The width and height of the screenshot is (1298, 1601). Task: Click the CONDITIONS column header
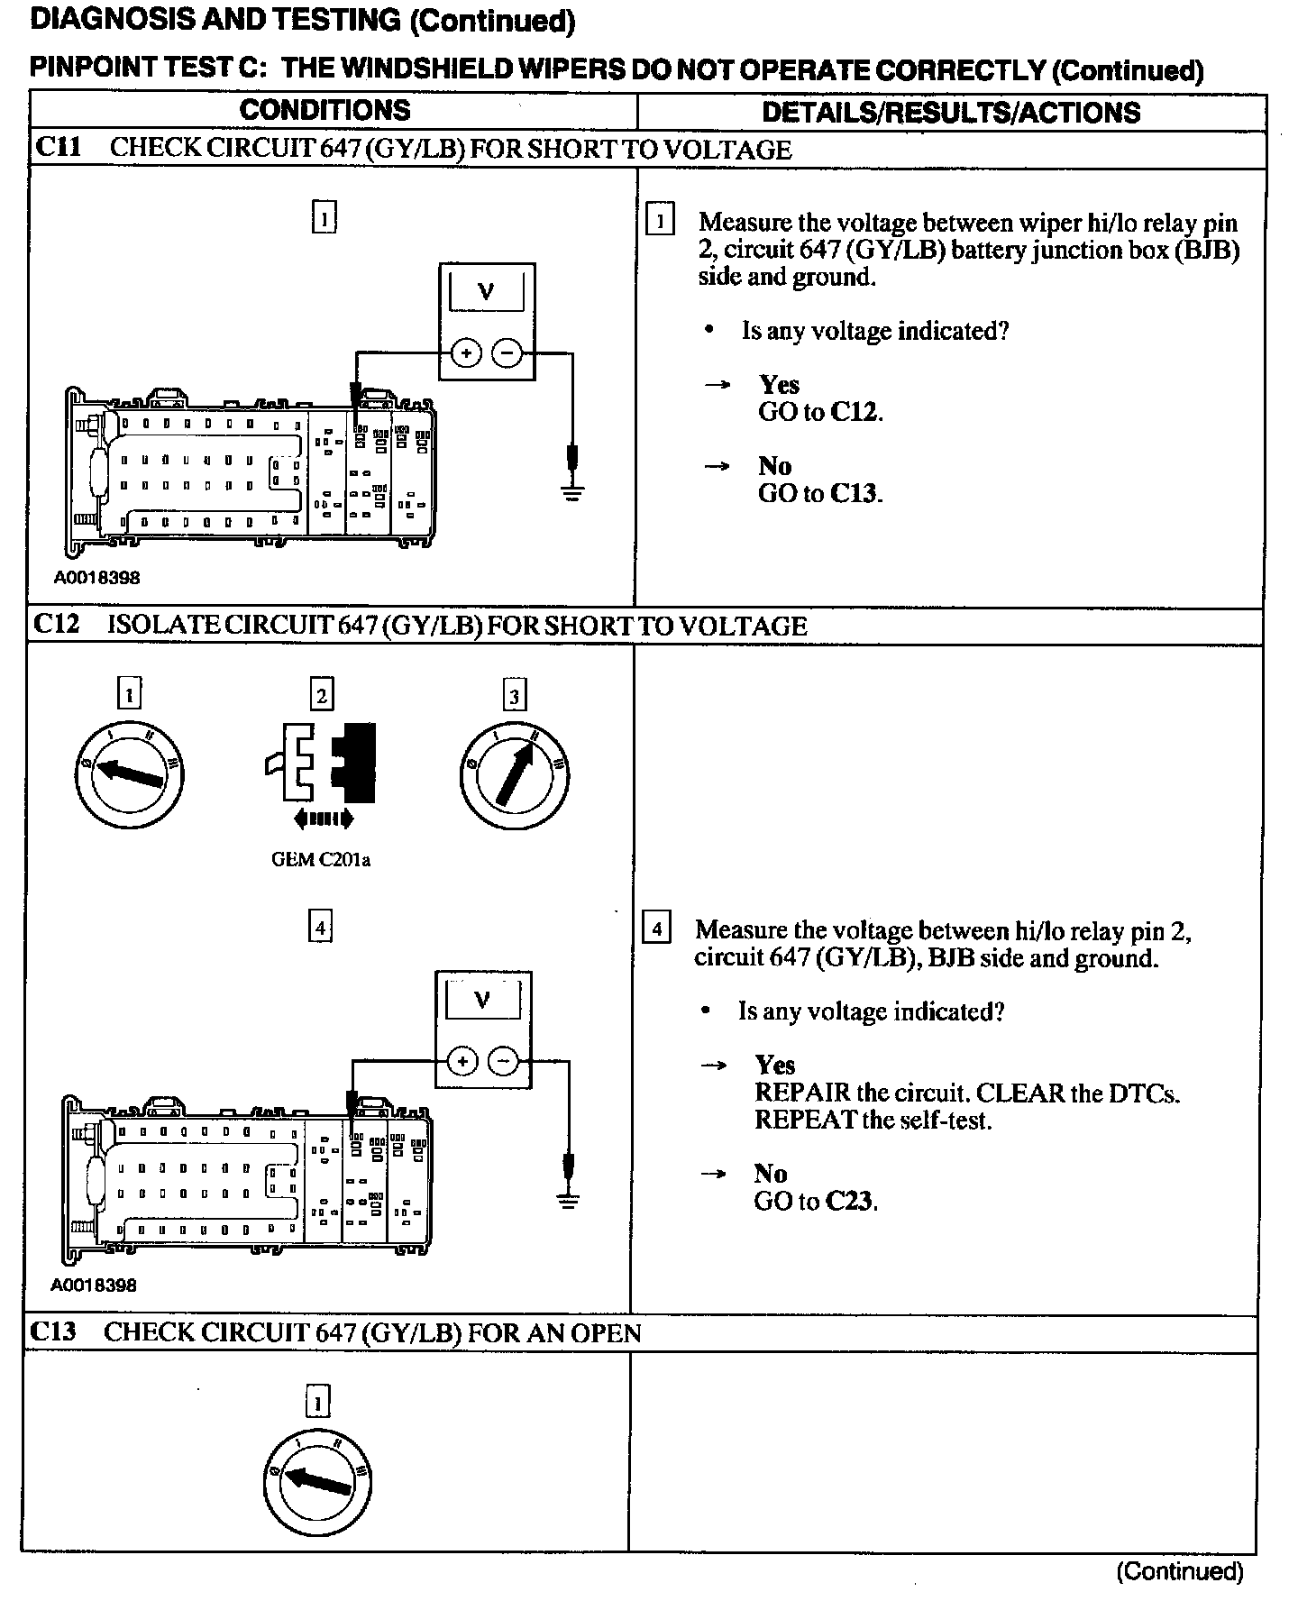324,111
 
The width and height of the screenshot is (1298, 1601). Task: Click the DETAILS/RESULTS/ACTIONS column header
951,113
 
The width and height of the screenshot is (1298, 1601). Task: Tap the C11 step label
57,148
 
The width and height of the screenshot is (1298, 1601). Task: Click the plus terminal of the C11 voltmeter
466,353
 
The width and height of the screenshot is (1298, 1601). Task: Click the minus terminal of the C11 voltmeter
507,353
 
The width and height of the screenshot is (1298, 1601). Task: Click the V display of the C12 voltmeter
482,1000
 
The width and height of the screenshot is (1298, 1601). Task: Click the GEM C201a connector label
321,860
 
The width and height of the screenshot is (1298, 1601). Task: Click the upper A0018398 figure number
97,578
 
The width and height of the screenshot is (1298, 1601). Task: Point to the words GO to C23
816,1202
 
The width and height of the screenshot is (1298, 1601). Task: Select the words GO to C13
820,493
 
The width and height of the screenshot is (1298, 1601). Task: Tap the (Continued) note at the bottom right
1179,1572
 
